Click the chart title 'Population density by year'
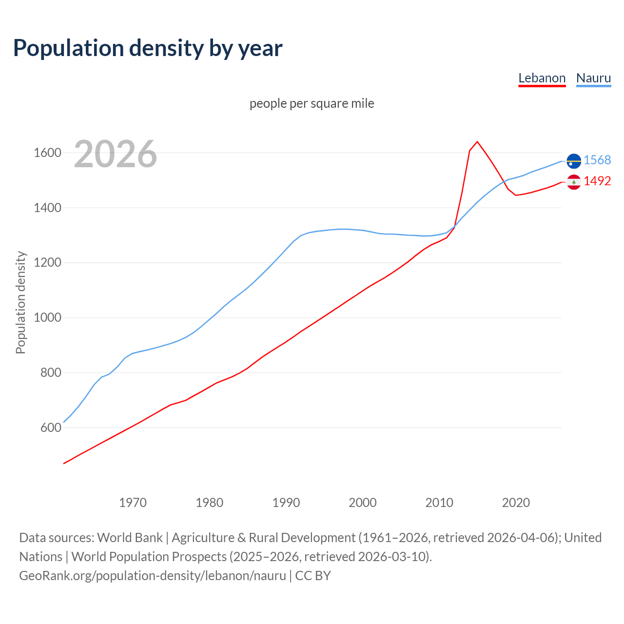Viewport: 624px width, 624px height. tap(148, 48)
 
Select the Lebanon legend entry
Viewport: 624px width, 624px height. tap(542, 78)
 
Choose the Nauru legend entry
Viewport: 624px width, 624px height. tap(593, 78)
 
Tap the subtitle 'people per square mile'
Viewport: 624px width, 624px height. tap(312, 103)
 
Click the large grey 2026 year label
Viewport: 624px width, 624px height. tap(116, 154)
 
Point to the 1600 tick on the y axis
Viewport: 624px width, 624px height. tap(47, 153)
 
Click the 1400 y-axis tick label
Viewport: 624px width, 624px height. tap(47, 208)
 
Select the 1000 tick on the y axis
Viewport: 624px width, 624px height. tap(47, 318)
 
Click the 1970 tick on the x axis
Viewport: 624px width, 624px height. tap(133, 503)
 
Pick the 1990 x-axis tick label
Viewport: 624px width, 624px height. tap(286, 503)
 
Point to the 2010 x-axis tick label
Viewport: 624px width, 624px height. tap(439, 503)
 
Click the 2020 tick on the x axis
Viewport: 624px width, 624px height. tap(516, 503)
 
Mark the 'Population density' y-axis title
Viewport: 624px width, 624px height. tap(20, 302)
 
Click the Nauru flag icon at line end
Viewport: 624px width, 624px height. tap(574, 160)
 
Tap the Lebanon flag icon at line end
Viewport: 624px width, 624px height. tap(574, 182)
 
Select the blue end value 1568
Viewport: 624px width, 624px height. tap(597, 160)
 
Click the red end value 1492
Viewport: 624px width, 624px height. tap(597, 181)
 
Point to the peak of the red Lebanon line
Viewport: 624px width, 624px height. tap(477, 142)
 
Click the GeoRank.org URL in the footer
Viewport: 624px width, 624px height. tap(153, 575)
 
